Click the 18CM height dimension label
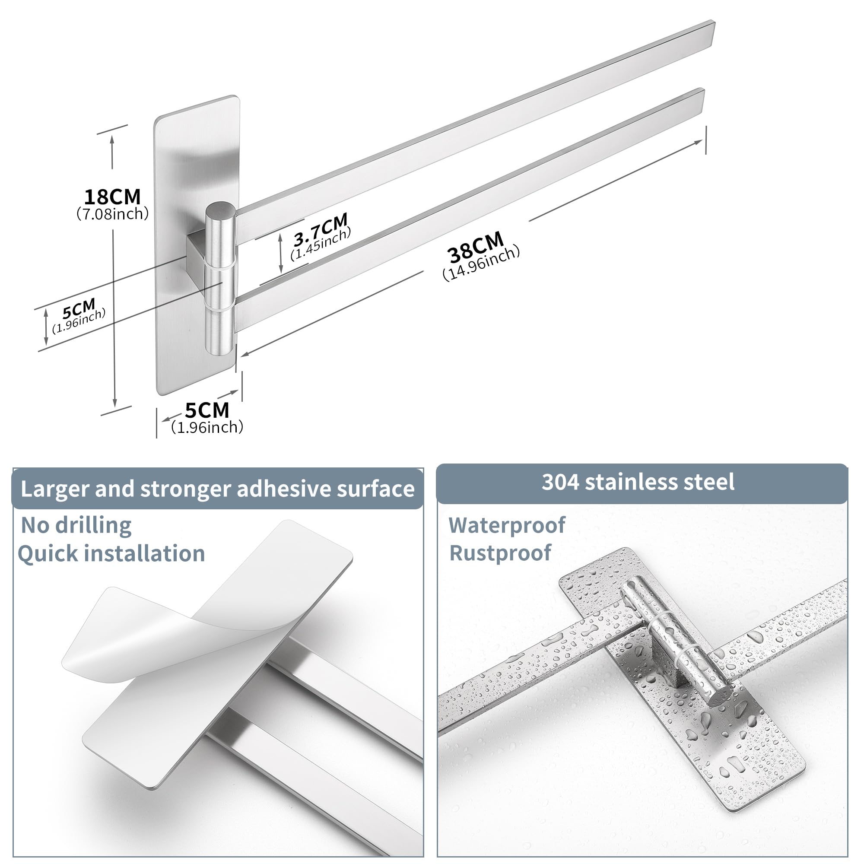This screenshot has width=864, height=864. point(112,197)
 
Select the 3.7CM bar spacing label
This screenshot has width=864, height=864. point(320,229)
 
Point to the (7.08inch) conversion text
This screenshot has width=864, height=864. point(112,214)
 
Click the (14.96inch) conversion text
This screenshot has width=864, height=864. point(481,263)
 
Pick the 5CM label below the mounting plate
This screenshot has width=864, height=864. point(207,410)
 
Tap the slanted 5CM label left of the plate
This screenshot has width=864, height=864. point(79,308)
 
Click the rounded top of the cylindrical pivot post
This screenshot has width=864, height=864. point(220,210)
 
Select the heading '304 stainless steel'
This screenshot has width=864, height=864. point(638,482)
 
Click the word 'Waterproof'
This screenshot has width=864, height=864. point(507,525)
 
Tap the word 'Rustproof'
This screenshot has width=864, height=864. point(500,553)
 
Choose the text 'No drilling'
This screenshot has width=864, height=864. point(76,525)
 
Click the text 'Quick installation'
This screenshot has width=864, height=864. point(111,554)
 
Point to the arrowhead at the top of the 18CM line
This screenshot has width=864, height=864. point(112,139)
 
